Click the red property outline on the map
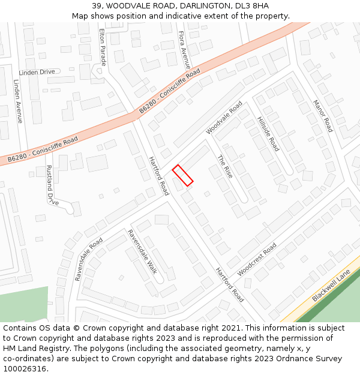click(x=183, y=175)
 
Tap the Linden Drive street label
click(x=37, y=72)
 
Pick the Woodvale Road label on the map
click(x=224, y=118)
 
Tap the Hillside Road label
click(x=268, y=134)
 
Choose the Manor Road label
click(x=323, y=116)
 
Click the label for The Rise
click(x=225, y=166)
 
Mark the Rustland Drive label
click(x=52, y=185)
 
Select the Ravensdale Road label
click(x=89, y=259)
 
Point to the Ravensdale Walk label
click(x=142, y=251)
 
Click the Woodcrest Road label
click(x=257, y=259)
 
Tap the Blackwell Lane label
click(x=331, y=286)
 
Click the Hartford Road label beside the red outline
click(x=159, y=175)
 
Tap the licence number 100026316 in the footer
click(x=25, y=368)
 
